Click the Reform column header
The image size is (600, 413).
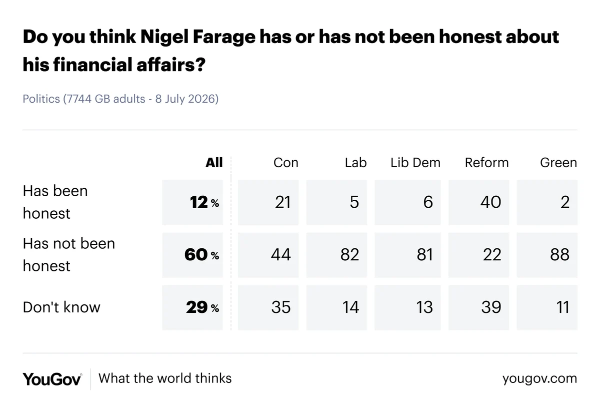click(x=486, y=163)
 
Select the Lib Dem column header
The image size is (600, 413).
click(x=415, y=163)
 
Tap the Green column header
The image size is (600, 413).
click(x=558, y=163)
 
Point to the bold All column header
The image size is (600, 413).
click(x=214, y=163)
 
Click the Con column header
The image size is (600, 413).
click(x=286, y=163)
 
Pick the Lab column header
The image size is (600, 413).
click(x=355, y=163)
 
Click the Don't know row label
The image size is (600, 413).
click(x=61, y=307)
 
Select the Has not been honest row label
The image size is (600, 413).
click(x=69, y=254)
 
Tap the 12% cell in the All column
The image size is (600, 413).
click(x=192, y=202)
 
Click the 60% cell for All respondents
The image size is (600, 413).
click(x=192, y=255)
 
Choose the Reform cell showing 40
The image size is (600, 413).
click(x=478, y=202)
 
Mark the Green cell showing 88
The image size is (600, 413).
click(x=547, y=255)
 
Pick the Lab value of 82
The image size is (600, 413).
click(x=336, y=255)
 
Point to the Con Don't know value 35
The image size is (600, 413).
click(x=268, y=307)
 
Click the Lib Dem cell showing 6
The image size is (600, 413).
click(x=407, y=202)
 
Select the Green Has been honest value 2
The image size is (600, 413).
click(x=547, y=202)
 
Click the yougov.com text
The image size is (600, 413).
click(x=539, y=378)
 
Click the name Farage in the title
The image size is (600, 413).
click(x=224, y=37)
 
